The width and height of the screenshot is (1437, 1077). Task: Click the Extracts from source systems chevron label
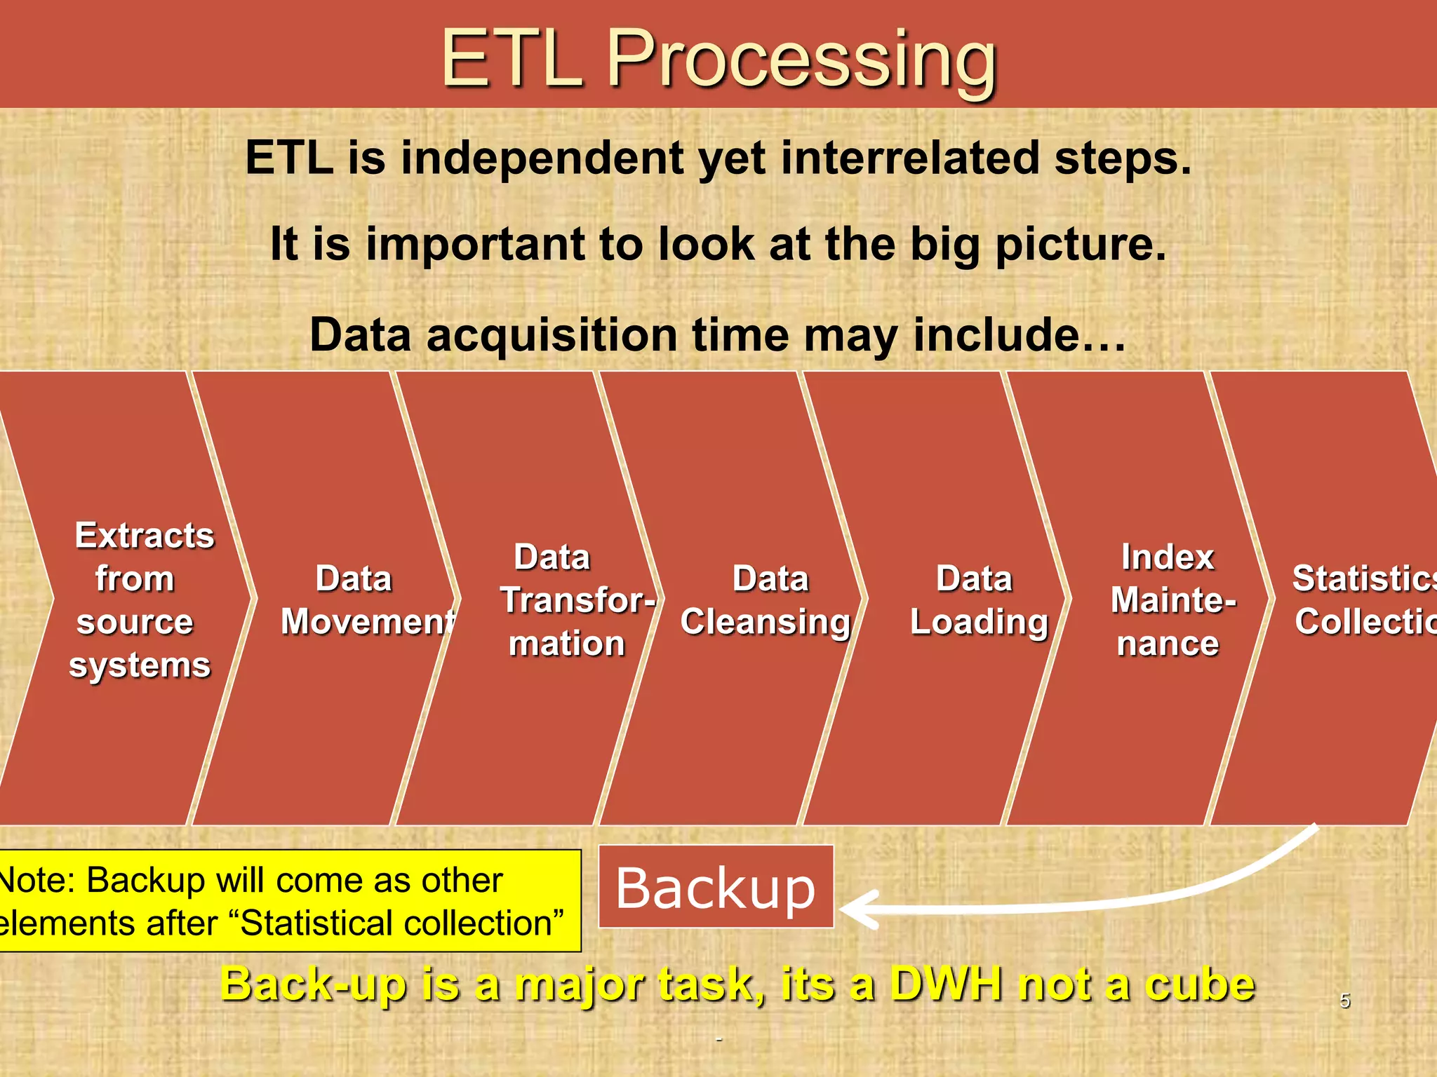[x=140, y=600]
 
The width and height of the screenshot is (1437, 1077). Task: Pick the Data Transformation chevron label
[x=568, y=600]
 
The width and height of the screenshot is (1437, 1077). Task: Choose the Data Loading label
[x=978, y=600]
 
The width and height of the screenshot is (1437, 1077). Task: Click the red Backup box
[x=716, y=888]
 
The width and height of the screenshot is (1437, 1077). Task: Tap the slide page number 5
[x=1344, y=1000]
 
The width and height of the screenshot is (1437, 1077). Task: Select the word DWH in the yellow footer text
[x=947, y=984]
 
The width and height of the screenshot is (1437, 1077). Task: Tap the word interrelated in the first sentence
[x=909, y=158]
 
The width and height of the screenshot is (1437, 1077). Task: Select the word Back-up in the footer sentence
[x=313, y=984]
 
